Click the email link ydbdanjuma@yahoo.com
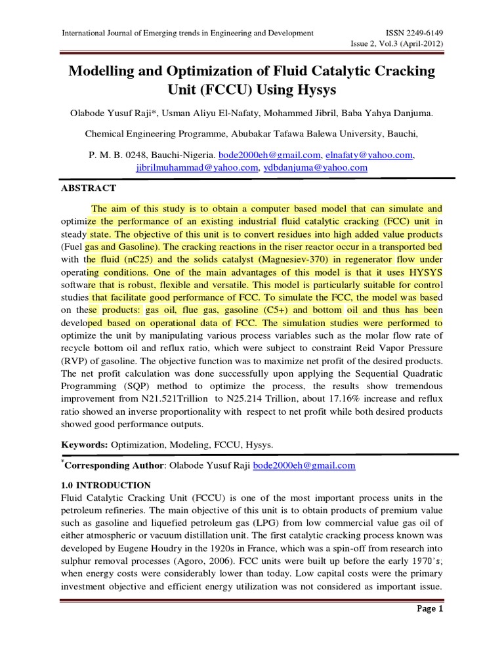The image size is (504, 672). click(316, 167)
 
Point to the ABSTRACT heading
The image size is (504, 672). click(89, 188)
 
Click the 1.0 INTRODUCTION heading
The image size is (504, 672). click(106, 485)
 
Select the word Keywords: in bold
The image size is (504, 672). click(85, 444)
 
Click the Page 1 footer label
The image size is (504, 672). click(430, 609)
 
